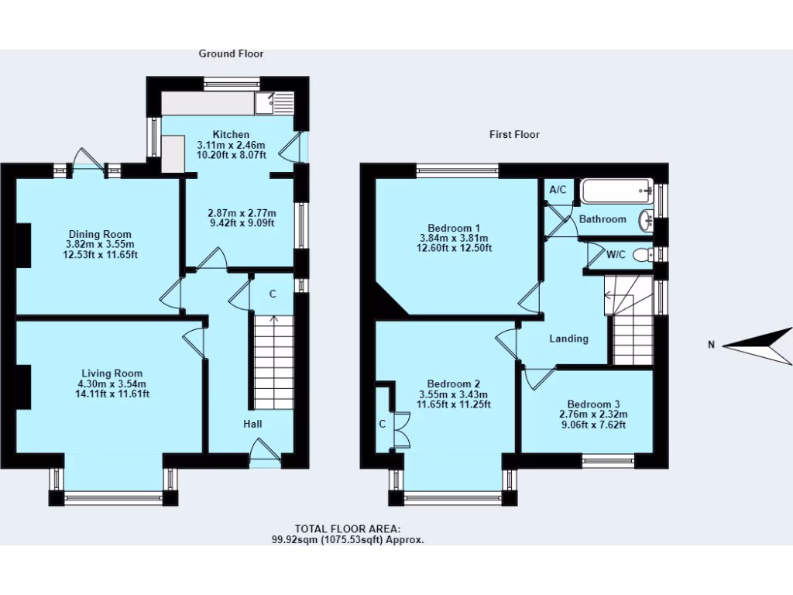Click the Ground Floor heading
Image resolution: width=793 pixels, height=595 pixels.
[x=231, y=53]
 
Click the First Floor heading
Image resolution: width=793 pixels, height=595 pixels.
[x=514, y=134]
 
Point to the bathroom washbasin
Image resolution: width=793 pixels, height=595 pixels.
[x=647, y=221]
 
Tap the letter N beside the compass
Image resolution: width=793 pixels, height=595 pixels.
[x=710, y=346]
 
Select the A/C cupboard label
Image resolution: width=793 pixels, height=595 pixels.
[x=558, y=190]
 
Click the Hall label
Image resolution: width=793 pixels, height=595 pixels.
[x=252, y=424]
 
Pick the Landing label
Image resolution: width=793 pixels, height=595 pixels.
[x=568, y=339]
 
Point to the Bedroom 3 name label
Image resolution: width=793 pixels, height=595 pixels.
[x=593, y=404]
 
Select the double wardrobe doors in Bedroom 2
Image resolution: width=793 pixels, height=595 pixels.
[x=400, y=431]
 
